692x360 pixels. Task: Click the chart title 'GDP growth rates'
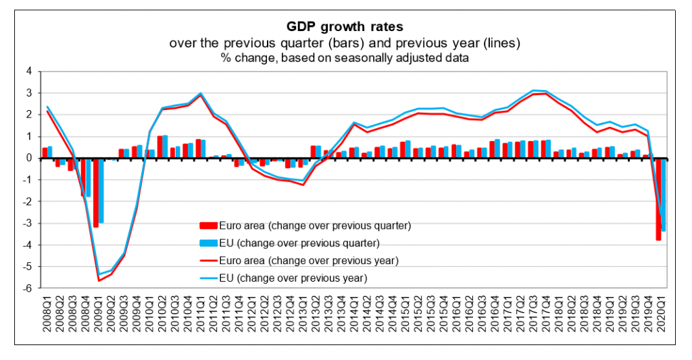click(345, 28)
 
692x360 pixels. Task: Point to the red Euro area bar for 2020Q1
click(658, 199)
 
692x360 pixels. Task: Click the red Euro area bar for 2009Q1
click(96, 192)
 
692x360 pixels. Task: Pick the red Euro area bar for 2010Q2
click(159, 147)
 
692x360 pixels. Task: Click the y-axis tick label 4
click(28, 71)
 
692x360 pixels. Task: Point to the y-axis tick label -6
click(27, 288)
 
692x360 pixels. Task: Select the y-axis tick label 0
click(28, 158)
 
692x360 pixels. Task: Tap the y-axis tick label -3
click(27, 224)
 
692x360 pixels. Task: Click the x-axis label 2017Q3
click(533, 314)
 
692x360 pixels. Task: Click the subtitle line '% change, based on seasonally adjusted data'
click(345, 58)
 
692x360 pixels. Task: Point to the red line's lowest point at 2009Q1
click(99, 280)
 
